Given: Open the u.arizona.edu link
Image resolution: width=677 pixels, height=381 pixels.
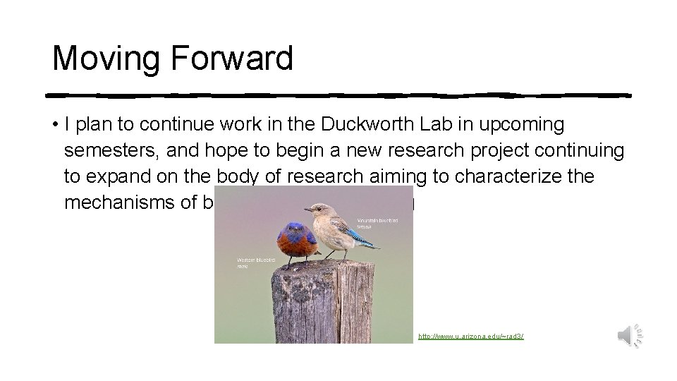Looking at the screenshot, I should [x=471, y=337].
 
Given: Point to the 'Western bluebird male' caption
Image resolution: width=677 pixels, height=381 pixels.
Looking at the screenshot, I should [x=251, y=262].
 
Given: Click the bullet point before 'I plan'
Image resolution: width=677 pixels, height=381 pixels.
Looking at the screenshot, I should [x=54, y=126].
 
